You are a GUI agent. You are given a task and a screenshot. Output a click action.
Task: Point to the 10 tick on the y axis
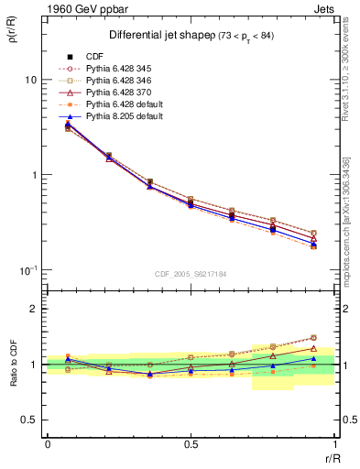pyautogui.click(x=29, y=80)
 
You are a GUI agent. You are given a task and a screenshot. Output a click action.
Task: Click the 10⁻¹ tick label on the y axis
pyautogui.click(x=27, y=269)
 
